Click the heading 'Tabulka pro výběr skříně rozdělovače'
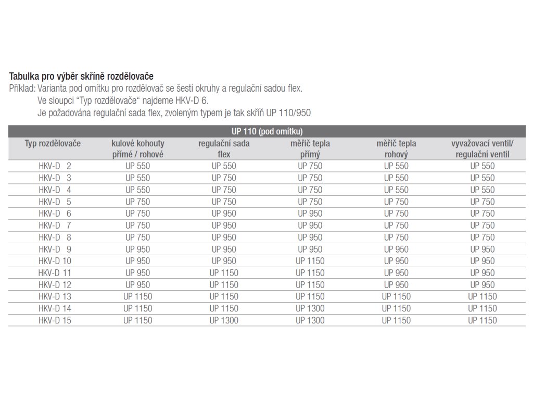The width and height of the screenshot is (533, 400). point(81,77)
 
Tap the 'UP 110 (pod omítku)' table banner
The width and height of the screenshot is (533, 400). point(266,131)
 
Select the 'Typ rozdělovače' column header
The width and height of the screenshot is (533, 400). point(53,143)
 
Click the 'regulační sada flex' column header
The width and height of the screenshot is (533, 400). point(224,148)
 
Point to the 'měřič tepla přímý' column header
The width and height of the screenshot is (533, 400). point(310,148)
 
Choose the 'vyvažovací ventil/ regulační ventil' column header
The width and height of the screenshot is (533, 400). point(483,148)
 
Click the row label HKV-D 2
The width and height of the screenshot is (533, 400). point(55,166)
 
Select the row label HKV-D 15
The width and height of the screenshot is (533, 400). point(55,320)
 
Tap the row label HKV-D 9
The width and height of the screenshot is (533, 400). point(55,249)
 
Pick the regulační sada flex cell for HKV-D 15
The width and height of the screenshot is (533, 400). point(224,320)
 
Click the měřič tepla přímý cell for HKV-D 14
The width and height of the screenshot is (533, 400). point(310,308)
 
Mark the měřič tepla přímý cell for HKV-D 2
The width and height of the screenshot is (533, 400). point(310,166)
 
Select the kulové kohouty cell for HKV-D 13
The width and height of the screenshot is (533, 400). point(138,296)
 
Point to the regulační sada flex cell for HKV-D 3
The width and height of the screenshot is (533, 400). point(224,178)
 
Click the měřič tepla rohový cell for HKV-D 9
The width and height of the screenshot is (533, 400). point(396,249)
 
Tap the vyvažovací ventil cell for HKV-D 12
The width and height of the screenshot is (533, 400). point(483,285)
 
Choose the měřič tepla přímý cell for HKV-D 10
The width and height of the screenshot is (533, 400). point(310,261)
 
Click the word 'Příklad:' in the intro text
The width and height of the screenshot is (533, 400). point(22,89)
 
